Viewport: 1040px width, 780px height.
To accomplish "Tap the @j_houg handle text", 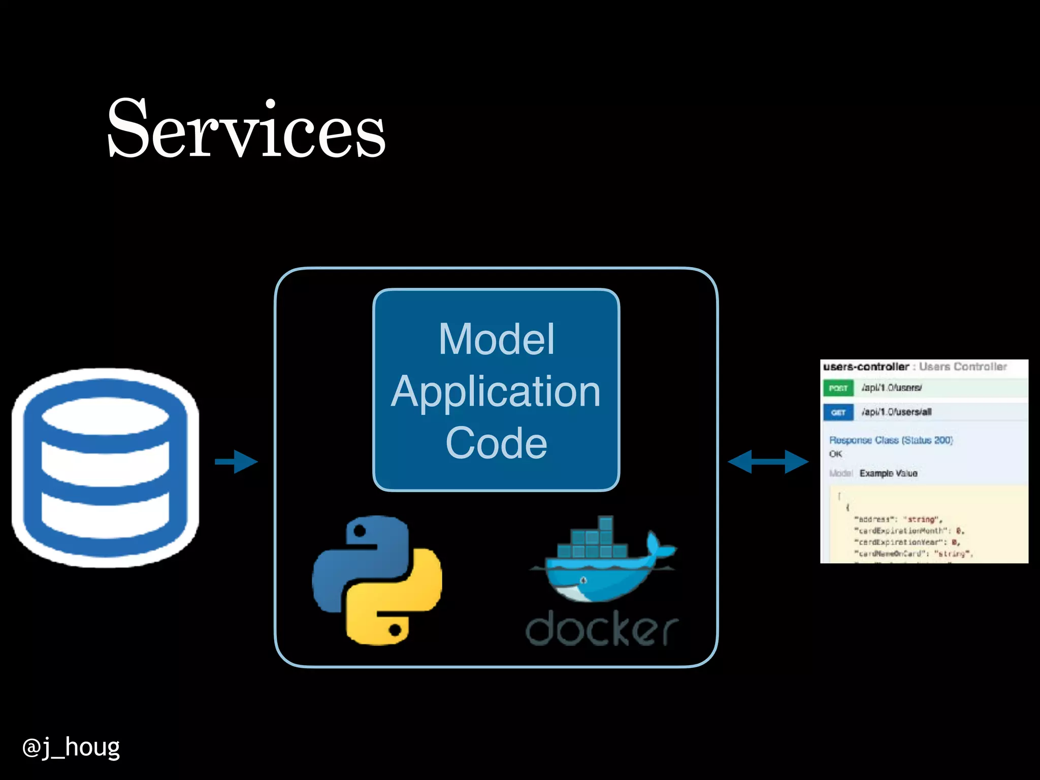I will click(71, 747).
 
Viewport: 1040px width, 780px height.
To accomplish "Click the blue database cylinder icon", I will click(105, 467).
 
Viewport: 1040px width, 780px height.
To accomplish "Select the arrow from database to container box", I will click(237, 462).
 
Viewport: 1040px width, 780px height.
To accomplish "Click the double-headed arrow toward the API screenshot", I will click(768, 462).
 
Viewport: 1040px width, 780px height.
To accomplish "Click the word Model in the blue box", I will click(496, 339).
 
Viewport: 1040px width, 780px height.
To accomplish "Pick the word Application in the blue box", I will click(496, 391).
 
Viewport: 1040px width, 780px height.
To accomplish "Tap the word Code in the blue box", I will click(496, 443).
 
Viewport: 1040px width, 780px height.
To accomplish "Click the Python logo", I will click(377, 580).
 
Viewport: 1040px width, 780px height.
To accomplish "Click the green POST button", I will click(838, 388).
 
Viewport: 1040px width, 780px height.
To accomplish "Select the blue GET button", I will click(838, 412).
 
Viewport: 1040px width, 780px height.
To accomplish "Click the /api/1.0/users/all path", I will click(896, 412).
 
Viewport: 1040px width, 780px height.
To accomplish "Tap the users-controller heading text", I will click(866, 367).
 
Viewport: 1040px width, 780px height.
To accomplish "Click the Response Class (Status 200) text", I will click(891, 440).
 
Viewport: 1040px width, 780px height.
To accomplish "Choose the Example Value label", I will click(888, 473).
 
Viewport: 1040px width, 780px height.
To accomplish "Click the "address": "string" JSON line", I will click(898, 519).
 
